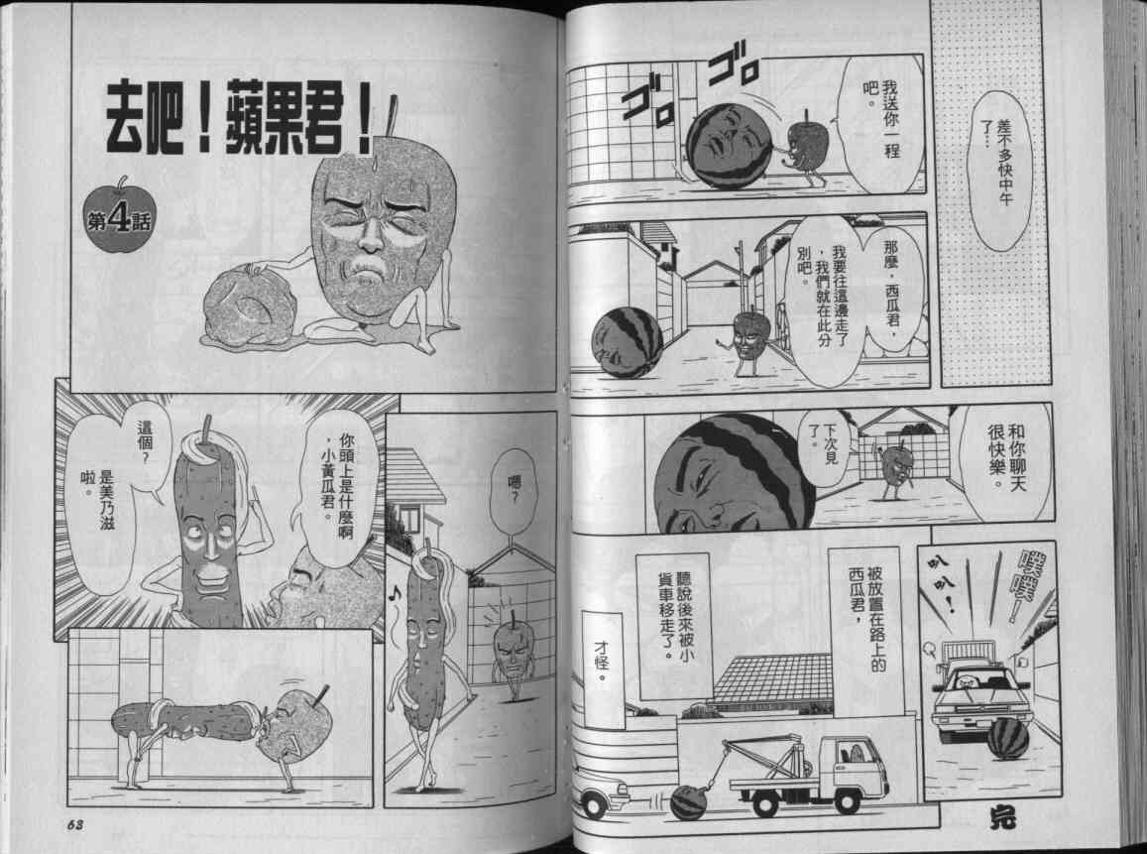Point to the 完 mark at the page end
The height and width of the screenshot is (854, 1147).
coord(1002,817)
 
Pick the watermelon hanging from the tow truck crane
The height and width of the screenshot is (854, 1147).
coord(688,802)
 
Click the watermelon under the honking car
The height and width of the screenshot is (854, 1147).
coord(1007,738)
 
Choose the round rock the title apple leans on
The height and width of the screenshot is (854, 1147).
coord(250,305)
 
